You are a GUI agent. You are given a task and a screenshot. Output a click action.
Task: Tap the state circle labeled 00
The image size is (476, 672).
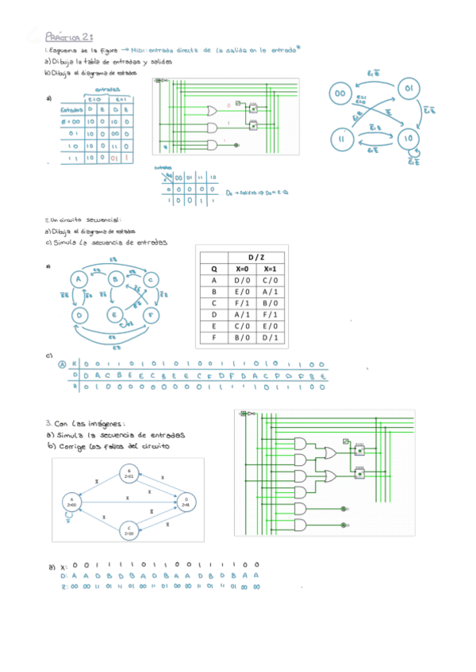coord(341,94)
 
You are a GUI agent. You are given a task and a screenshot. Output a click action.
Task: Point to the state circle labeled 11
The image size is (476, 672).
coord(342,138)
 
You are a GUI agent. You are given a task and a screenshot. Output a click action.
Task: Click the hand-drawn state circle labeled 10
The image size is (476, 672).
coord(409,138)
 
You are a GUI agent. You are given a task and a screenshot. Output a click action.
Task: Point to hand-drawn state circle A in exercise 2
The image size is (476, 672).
coord(79,279)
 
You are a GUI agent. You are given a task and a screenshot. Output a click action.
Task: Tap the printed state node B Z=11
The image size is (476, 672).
coord(129,475)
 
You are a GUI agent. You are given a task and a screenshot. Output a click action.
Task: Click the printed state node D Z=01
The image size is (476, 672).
coord(185,502)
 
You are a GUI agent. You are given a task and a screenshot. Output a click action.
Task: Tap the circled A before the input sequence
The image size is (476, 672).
coord(63,365)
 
